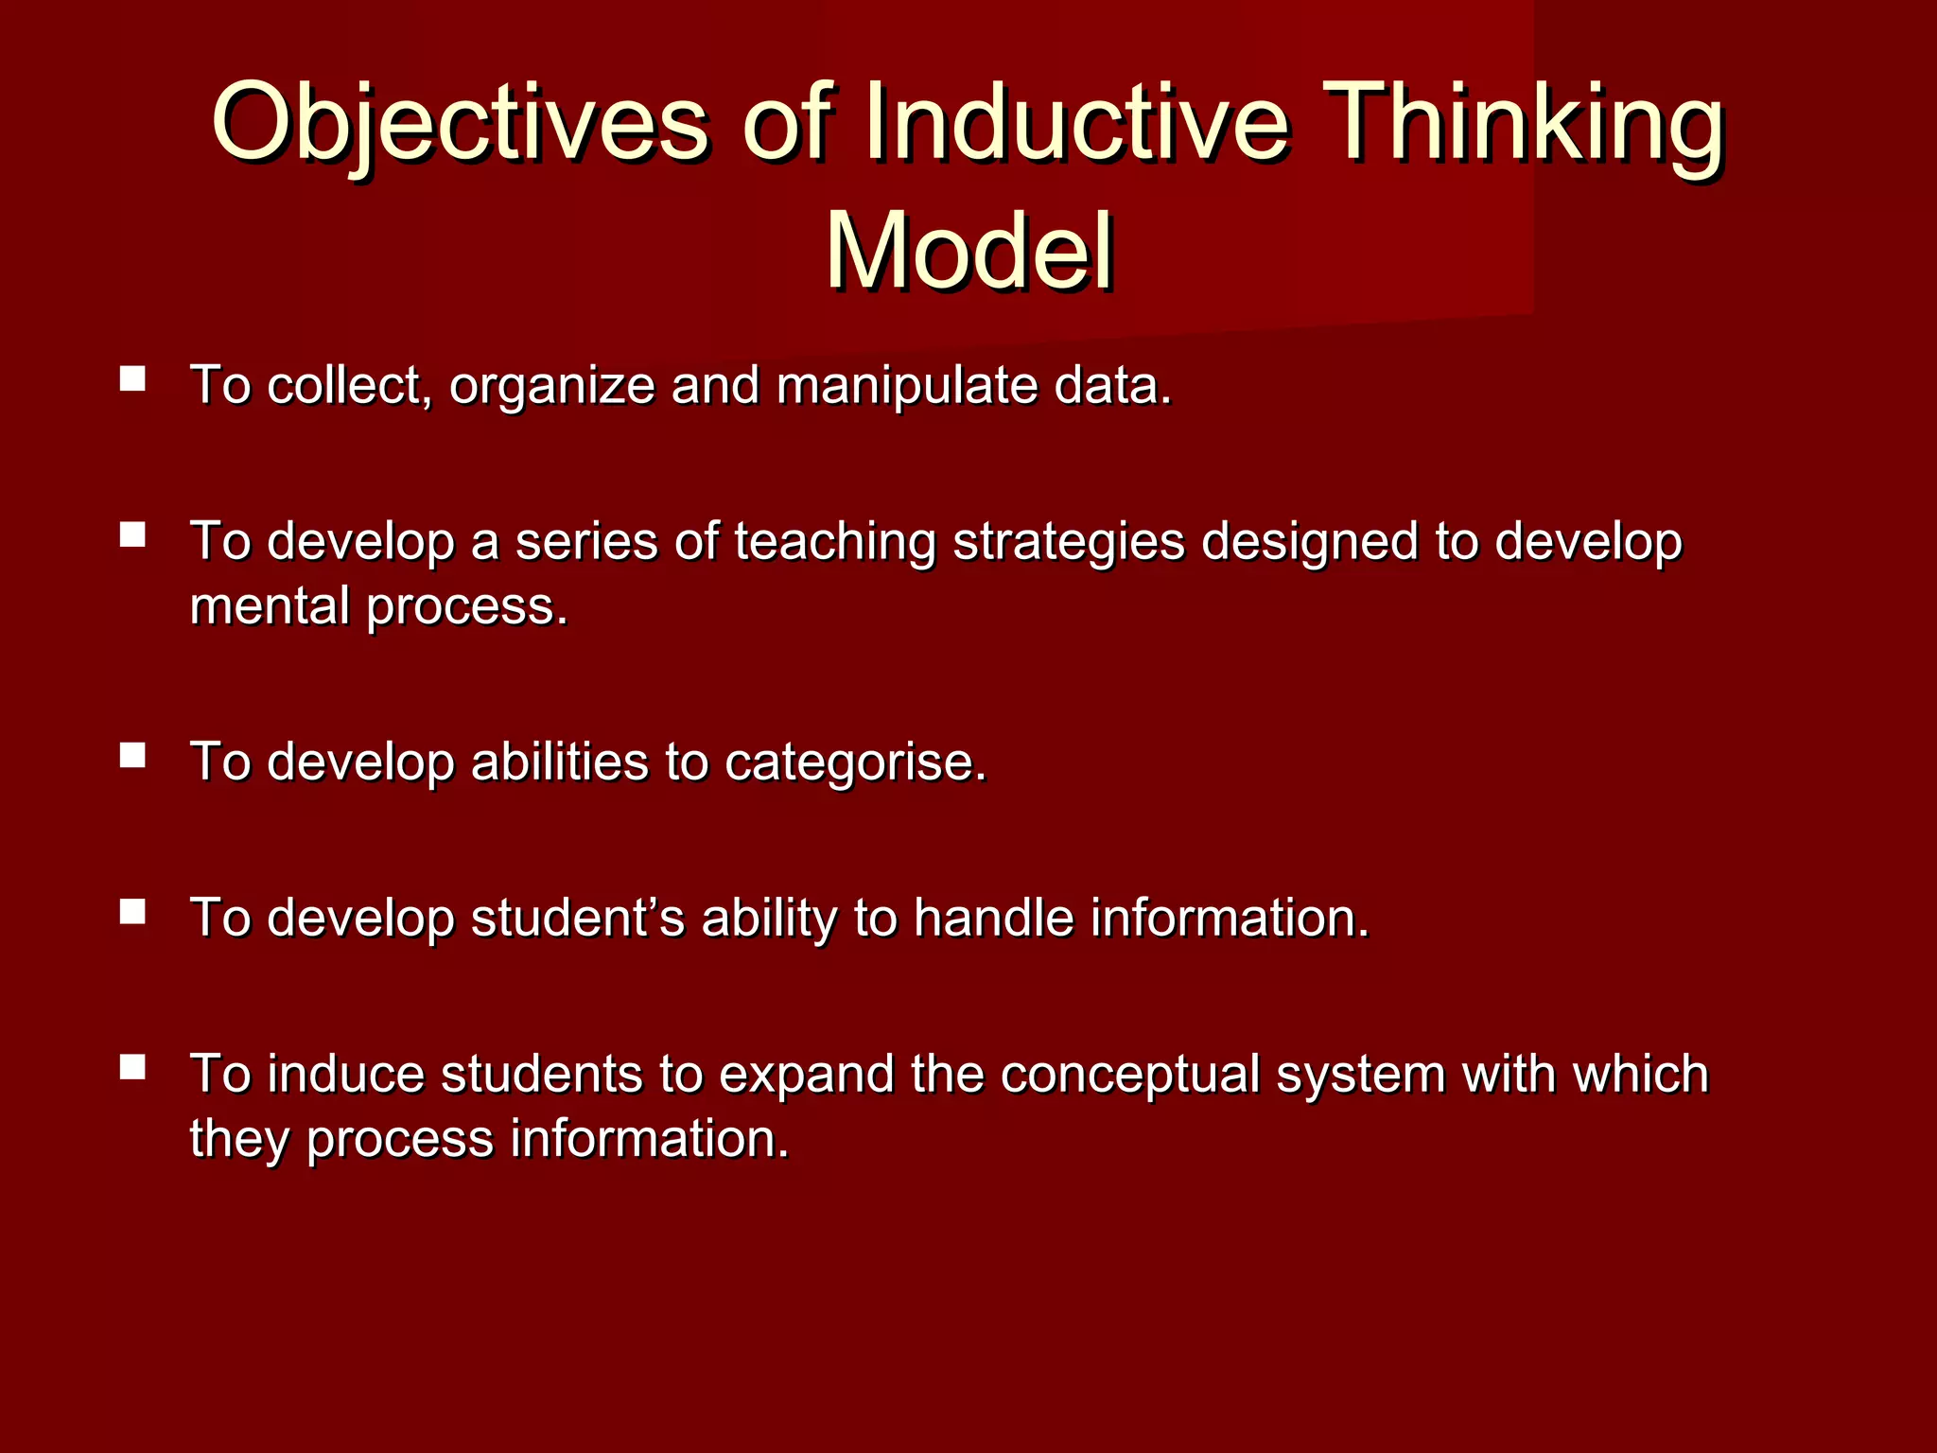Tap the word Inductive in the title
[1075, 123]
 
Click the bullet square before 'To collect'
[133, 379]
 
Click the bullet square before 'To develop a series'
[133, 535]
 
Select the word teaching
[835, 543]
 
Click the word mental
[270, 606]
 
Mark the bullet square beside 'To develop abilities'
[133, 755]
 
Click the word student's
[577, 919]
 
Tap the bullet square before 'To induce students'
[133, 1068]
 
